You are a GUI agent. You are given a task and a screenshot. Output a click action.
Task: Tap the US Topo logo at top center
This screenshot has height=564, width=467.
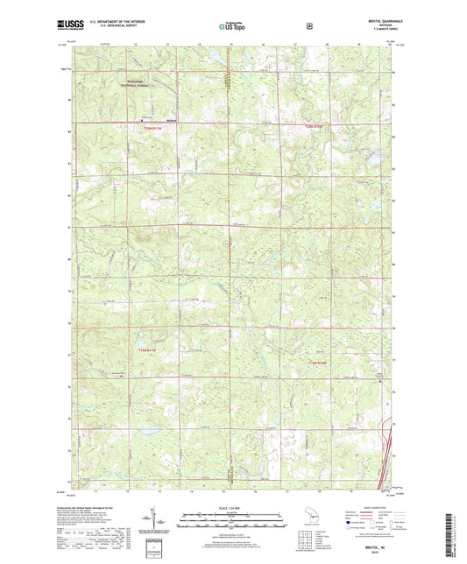coord(231,26)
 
